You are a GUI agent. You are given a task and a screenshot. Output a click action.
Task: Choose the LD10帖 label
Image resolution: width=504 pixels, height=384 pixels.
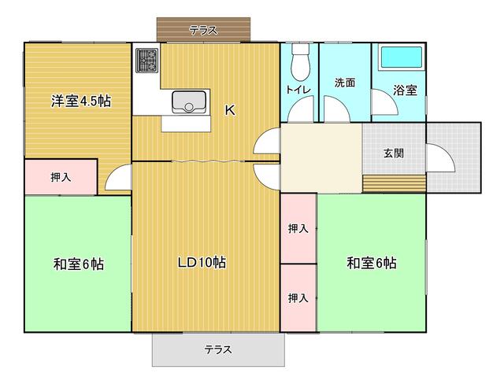point(201,263)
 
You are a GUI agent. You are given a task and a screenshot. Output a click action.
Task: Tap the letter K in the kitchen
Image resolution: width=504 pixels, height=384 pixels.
point(230,111)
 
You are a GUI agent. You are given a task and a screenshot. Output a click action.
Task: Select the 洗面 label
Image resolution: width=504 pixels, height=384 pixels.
point(344,82)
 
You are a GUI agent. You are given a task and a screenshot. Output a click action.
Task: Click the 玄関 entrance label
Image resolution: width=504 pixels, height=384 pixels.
point(394,153)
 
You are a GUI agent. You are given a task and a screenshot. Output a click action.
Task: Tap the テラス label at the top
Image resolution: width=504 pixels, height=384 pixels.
point(202,31)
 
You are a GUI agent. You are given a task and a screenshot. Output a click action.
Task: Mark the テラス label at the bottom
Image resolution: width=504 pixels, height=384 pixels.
point(217,349)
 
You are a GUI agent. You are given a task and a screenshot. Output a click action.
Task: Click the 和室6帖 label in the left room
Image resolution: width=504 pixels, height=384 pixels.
point(78,264)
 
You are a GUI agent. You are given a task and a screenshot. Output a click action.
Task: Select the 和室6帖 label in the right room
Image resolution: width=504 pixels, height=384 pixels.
point(370,263)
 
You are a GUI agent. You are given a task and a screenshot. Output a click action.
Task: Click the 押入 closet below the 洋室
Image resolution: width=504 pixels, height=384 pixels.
point(61,177)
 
